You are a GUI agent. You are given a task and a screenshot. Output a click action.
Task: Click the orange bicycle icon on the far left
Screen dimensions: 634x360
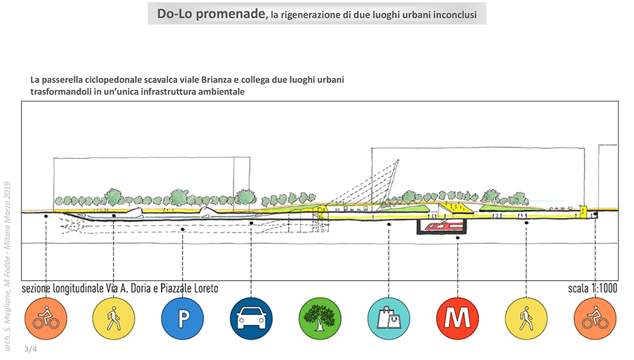[46, 319]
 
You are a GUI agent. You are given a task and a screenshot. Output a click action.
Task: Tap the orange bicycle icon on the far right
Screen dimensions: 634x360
[595, 319]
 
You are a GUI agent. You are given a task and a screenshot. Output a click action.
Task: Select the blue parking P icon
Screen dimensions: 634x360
[183, 319]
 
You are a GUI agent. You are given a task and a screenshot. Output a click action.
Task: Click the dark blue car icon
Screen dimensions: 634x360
[251, 319]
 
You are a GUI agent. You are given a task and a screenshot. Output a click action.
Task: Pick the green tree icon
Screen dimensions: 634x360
[320, 319]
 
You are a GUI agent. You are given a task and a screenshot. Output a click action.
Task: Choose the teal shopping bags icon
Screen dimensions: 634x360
[389, 319]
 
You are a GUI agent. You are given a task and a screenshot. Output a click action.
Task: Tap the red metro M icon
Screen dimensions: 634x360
[458, 319]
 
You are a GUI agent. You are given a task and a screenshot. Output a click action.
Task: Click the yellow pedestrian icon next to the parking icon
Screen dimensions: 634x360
[113, 319]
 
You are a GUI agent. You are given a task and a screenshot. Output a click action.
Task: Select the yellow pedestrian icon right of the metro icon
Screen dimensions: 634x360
[526, 319]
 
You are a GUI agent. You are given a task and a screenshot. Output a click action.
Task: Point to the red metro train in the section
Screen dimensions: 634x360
[443, 226]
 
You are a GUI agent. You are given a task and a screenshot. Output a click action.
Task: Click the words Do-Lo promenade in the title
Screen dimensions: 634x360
[211, 14]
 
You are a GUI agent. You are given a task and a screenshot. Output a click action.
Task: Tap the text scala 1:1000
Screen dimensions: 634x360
[592, 288]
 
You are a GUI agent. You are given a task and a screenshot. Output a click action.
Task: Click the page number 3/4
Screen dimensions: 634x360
[30, 349]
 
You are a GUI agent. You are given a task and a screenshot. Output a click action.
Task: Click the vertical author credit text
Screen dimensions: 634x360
[7, 266]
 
